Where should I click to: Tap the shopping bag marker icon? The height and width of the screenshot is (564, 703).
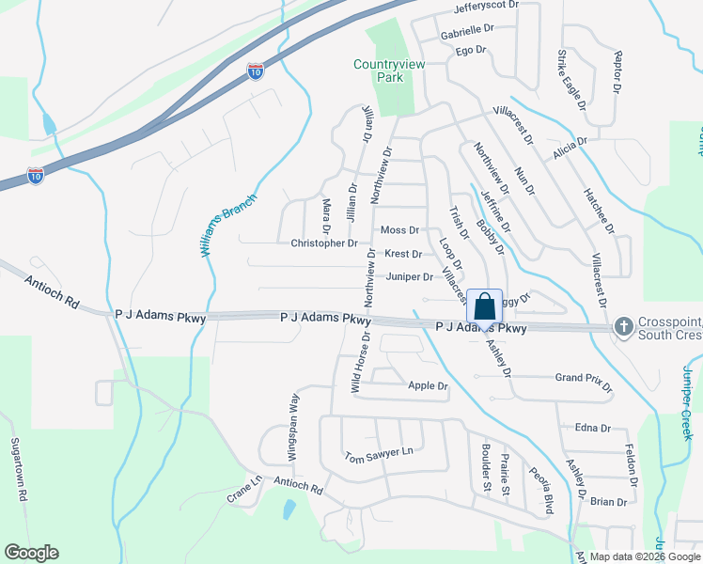[x=484, y=307]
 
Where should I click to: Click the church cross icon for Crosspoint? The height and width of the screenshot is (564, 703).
[x=621, y=326]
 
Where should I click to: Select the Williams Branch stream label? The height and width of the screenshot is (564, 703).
[x=215, y=231]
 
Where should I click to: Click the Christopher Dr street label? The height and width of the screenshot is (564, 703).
[x=324, y=243]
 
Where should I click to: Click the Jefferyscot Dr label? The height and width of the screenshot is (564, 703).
[x=486, y=6]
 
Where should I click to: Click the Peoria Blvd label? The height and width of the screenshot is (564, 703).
[x=539, y=491]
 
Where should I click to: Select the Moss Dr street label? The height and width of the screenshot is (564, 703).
[x=399, y=230]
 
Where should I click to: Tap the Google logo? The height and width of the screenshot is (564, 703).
[x=31, y=553]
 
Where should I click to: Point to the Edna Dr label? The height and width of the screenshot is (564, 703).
[x=592, y=428]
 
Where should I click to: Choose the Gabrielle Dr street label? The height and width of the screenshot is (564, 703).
[x=467, y=30]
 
